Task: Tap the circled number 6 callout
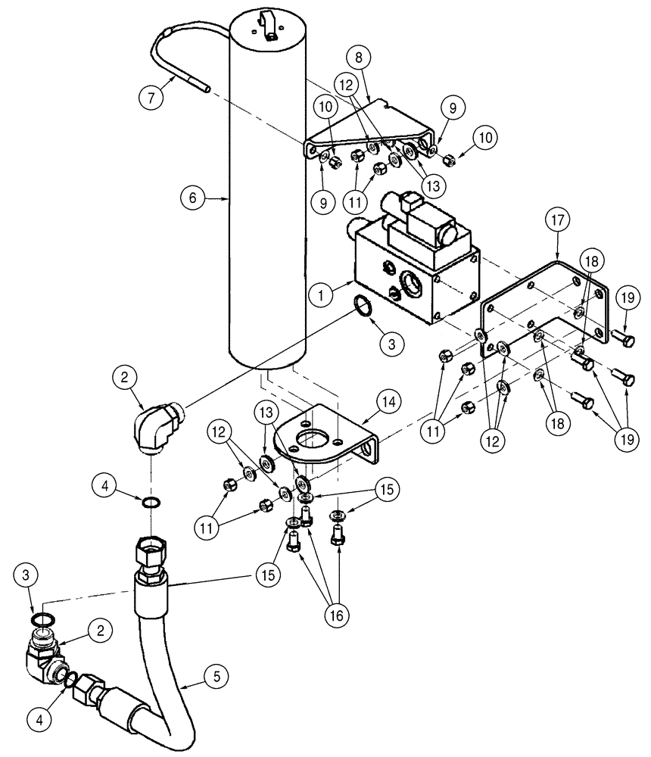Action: [x=193, y=198]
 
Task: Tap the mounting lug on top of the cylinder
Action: [x=270, y=20]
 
